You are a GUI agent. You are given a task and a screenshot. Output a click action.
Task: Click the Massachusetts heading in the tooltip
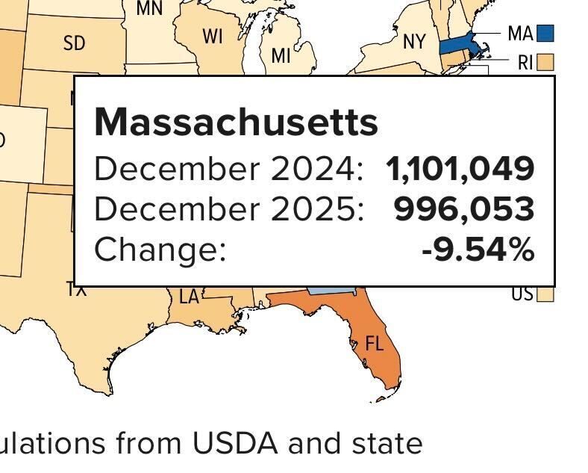pos(236,121)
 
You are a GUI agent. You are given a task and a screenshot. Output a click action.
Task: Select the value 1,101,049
pos(460,169)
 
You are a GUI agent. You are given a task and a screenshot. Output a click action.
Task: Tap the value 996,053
pos(464,209)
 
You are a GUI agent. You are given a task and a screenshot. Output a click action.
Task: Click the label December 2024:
pos(228,169)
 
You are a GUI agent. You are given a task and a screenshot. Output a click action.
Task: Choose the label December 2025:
pos(228,209)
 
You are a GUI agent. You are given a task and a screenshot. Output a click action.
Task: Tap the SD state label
pos(75,44)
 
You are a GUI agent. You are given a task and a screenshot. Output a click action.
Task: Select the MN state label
pos(149,8)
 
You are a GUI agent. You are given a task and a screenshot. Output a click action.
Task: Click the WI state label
pos(213,37)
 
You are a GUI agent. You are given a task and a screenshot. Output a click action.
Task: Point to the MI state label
pos(281,55)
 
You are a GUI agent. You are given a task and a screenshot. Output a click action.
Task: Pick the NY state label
pos(414,42)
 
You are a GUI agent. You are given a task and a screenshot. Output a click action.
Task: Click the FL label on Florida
pos(374,344)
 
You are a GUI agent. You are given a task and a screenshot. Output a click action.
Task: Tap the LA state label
pos(190,297)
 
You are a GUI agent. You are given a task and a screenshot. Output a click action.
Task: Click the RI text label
pos(525,62)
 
